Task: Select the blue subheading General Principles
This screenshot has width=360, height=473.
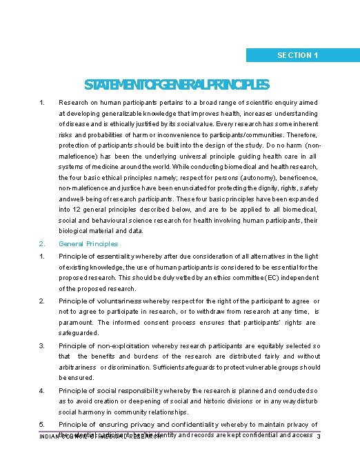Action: (x=88, y=243)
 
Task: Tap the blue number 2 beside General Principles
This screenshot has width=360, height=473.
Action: (x=41, y=243)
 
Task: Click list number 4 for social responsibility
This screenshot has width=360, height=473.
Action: (x=41, y=391)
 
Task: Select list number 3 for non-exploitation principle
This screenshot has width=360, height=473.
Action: (x=41, y=346)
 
